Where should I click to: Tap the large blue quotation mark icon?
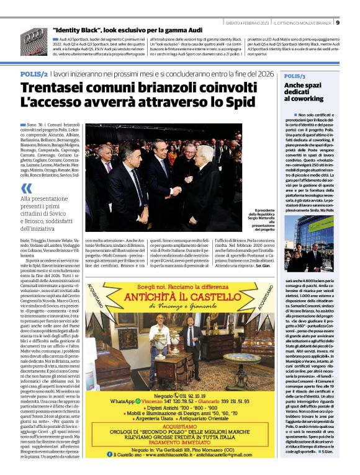(x=25, y=188)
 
